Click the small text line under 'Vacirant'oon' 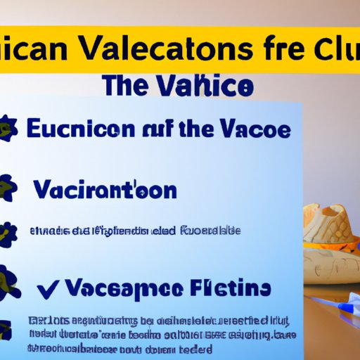tap(134, 231)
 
